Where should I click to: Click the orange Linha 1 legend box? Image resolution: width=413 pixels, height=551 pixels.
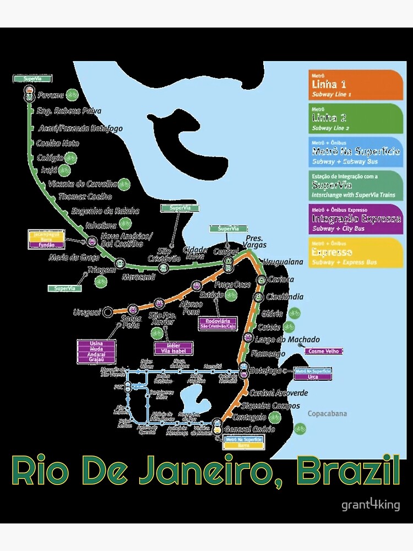coord(356,85)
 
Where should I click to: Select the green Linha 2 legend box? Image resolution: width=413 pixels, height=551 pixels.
coord(356,118)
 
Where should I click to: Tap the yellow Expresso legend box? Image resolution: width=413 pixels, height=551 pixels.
coord(356,253)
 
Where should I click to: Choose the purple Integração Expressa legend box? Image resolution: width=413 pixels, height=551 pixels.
coord(356,219)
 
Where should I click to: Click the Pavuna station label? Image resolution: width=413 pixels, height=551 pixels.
coord(51,95)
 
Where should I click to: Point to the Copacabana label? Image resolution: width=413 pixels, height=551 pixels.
coord(327,414)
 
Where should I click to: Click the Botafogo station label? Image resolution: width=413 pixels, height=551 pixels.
coord(265,371)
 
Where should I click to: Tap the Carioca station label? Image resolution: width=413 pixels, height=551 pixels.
coord(281,279)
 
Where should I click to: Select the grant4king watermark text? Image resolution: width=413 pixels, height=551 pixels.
coord(371,505)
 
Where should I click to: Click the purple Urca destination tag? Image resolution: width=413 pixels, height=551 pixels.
coord(313,377)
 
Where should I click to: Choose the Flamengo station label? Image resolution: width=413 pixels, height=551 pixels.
coord(268,354)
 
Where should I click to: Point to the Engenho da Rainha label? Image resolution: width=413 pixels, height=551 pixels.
coord(105,210)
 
